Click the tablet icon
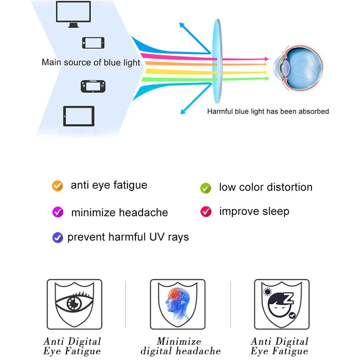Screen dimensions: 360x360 [79, 116]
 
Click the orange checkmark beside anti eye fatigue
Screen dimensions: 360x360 [57, 185]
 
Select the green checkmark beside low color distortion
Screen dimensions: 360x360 [206, 188]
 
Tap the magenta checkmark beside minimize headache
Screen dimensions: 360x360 [57, 211]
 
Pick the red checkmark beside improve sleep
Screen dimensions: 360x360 [206, 211]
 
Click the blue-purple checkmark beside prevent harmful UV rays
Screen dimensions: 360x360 [57, 237]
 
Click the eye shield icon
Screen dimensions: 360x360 [74, 301]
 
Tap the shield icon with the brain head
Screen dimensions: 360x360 [179, 301]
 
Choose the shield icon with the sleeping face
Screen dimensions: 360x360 [282, 301]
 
